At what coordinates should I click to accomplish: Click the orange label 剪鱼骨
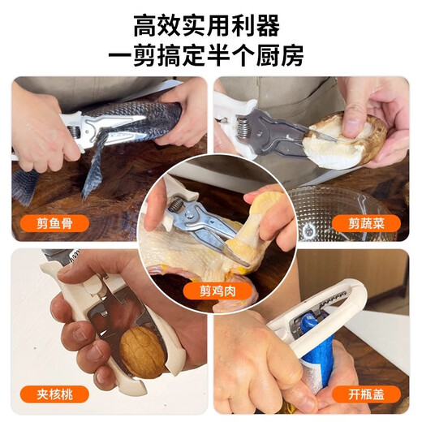[x=54, y=223]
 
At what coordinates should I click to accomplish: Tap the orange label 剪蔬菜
[x=366, y=223]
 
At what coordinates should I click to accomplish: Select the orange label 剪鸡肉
[x=217, y=291]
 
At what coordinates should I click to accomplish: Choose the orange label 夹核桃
[x=54, y=394]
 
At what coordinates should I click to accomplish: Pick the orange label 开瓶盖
[x=366, y=394]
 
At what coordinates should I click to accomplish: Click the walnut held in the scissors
[x=143, y=351]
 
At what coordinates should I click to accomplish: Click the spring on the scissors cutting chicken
[x=175, y=205]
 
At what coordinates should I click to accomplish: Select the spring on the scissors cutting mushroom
[x=244, y=127]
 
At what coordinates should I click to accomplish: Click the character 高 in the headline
[x=145, y=26]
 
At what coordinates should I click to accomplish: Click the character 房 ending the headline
[x=292, y=55]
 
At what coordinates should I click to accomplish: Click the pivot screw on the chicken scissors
[x=190, y=215]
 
